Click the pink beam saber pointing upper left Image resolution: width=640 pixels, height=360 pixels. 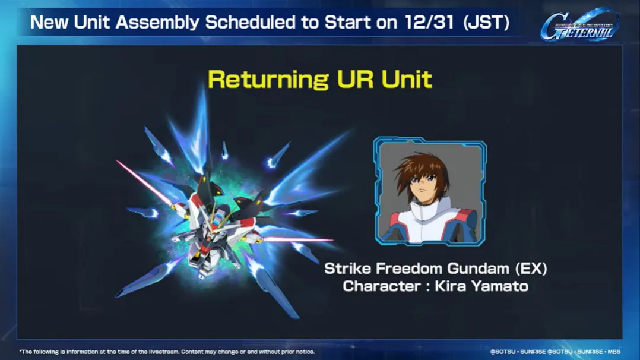[x=142, y=181]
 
